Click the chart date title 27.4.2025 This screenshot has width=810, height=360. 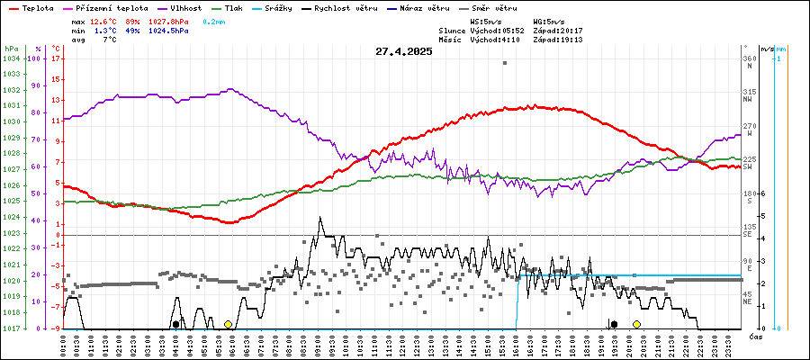[x=404, y=51]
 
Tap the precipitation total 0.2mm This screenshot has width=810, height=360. [x=214, y=20]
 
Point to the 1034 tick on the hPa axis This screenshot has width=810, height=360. [x=11, y=58]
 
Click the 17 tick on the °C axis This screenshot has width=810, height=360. [x=56, y=58]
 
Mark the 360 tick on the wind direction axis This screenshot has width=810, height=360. [x=749, y=58]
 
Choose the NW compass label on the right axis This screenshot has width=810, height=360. [x=748, y=100]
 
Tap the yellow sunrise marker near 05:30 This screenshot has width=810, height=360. [x=229, y=324]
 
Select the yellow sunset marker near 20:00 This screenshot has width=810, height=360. [x=636, y=324]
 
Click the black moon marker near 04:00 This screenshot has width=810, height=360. [x=175, y=324]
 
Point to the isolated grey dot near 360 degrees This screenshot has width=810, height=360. [x=505, y=63]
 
